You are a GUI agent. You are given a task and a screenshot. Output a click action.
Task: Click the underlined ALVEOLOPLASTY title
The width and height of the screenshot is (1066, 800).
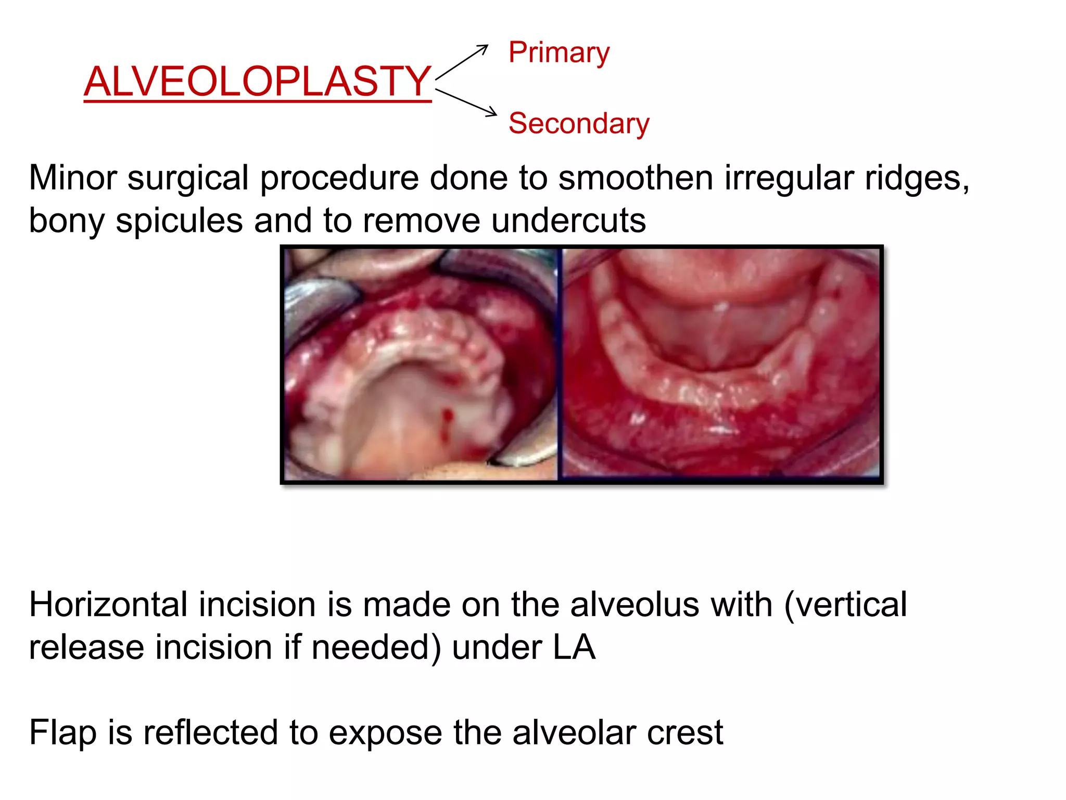click(x=258, y=82)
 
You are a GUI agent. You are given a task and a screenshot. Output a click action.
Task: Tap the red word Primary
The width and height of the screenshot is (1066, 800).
click(x=559, y=53)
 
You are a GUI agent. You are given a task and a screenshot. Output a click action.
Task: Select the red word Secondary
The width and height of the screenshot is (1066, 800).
click(x=579, y=123)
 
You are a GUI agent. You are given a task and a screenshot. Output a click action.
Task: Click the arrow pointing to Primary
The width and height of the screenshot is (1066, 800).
click(x=462, y=61)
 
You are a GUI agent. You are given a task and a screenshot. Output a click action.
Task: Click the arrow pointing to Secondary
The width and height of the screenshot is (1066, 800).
click(x=466, y=102)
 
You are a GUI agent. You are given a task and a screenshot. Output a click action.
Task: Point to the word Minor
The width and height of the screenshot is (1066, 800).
click(x=73, y=178)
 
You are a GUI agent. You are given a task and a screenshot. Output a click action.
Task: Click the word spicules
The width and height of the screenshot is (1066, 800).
click(x=179, y=221)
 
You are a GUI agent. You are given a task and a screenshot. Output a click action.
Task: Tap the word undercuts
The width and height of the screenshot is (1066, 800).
click(x=568, y=221)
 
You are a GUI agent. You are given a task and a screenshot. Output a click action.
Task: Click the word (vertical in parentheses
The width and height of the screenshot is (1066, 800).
click(x=845, y=605)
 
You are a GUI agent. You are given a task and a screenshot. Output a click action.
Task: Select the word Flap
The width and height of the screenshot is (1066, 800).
click(x=62, y=733)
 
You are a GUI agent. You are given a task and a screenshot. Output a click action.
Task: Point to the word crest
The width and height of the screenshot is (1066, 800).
click(x=684, y=733)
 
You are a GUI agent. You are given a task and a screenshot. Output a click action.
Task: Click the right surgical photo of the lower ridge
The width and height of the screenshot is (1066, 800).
click(x=721, y=365)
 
